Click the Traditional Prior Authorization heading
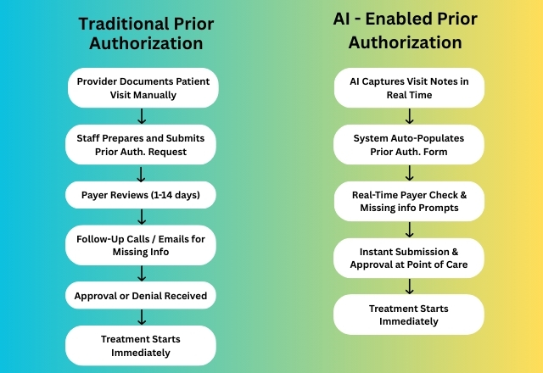[x=146, y=34]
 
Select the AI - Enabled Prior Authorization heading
[x=406, y=31]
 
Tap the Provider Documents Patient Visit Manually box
[x=143, y=88]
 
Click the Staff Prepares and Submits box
[x=141, y=145]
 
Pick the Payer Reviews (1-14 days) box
[x=141, y=195]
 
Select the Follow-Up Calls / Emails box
[x=141, y=245]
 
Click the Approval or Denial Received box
[x=141, y=296]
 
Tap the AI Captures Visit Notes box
[x=409, y=88]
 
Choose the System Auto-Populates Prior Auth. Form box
[x=409, y=145]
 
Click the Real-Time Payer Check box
[x=409, y=202]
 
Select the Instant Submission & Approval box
[x=409, y=258]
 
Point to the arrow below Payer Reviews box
[x=142, y=217]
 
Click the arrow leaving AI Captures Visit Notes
[x=409, y=116]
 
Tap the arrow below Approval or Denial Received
[x=142, y=317]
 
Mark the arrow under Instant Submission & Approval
[x=409, y=287]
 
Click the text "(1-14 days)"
[x=176, y=195]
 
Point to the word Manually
[x=160, y=95]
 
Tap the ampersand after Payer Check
[x=463, y=195]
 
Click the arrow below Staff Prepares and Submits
[x=141, y=174]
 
